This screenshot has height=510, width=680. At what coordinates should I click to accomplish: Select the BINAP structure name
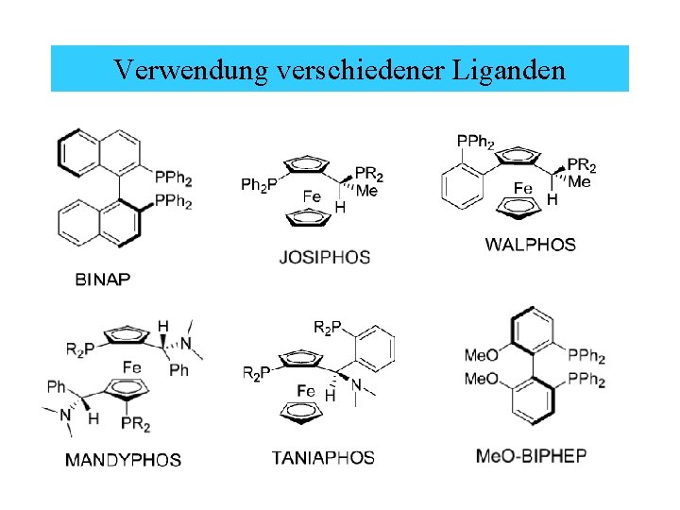pyautogui.click(x=103, y=279)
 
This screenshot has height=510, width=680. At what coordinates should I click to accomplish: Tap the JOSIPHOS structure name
pyautogui.click(x=325, y=256)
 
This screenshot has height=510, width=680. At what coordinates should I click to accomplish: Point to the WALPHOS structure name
pyautogui.click(x=530, y=245)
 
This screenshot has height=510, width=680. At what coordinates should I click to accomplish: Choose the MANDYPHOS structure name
pyautogui.click(x=123, y=460)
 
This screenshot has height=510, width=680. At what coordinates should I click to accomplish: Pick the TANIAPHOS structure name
pyautogui.click(x=323, y=458)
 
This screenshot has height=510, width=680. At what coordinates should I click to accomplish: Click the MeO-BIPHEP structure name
pyautogui.click(x=531, y=456)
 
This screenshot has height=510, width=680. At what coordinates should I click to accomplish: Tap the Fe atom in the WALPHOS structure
pyautogui.click(x=523, y=189)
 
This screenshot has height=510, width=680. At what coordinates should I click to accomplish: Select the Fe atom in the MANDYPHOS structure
pyautogui.click(x=132, y=366)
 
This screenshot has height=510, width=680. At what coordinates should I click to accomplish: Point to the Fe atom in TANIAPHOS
pyautogui.click(x=306, y=390)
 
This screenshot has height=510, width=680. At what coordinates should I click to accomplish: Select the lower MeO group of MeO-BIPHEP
pyautogui.click(x=482, y=378)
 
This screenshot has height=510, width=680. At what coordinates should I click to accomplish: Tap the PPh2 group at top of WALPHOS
pyautogui.click(x=475, y=142)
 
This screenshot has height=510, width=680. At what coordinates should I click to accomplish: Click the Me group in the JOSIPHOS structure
pyautogui.click(x=367, y=192)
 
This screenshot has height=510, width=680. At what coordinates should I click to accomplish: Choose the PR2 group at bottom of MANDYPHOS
pyautogui.click(x=136, y=425)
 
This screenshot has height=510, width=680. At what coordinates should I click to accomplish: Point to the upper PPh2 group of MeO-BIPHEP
pyautogui.click(x=586, y=356)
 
